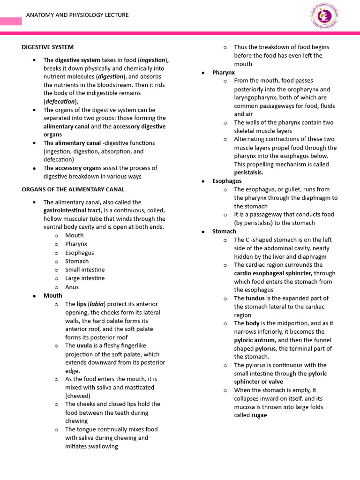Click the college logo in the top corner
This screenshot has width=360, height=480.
point(324,16)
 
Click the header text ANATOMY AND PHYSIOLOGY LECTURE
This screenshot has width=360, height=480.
point(77,15)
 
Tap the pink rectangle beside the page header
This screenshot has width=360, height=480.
point(11,21)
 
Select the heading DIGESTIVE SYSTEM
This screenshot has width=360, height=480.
point(48,47)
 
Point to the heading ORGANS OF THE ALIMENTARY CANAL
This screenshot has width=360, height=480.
point(73,189)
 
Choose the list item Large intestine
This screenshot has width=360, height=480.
point(85,278)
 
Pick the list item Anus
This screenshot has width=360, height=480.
point(72,287)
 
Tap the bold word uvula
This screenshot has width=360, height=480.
point(84,345)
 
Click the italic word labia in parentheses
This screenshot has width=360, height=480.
point(97,304)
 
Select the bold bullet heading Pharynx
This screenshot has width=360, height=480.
point(223,73)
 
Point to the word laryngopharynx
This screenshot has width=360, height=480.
point(256,97)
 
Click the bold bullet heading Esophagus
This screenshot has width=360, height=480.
point(227,181)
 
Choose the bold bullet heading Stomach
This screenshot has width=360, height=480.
point(224,232)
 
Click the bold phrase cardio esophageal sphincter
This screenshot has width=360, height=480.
point(273,273)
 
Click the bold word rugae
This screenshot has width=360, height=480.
point(259,415)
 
